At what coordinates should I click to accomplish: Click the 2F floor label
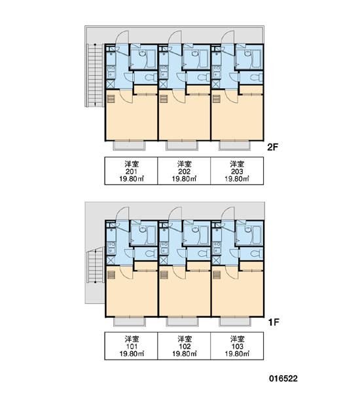272,147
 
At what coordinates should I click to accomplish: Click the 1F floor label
274,322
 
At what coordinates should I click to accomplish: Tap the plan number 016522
283,379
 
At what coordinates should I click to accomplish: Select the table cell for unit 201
131,171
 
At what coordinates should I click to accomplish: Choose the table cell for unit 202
184,171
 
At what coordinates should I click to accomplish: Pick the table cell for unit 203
237,171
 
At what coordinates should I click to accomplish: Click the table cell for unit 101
131,346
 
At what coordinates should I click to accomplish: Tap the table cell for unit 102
184,346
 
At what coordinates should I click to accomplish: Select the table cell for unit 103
237,346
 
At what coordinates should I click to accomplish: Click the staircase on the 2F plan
95,75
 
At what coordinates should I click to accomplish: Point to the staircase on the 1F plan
95,265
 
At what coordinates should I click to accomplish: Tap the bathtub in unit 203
257,59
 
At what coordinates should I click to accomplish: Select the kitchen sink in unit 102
164,248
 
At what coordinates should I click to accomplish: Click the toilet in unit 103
257,253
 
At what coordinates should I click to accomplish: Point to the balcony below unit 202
182,145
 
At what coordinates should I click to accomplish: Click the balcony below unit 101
129,322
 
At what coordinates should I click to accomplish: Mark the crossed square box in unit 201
111,84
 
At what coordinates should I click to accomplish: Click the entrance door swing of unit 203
228,37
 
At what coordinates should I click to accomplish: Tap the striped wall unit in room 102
164,275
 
